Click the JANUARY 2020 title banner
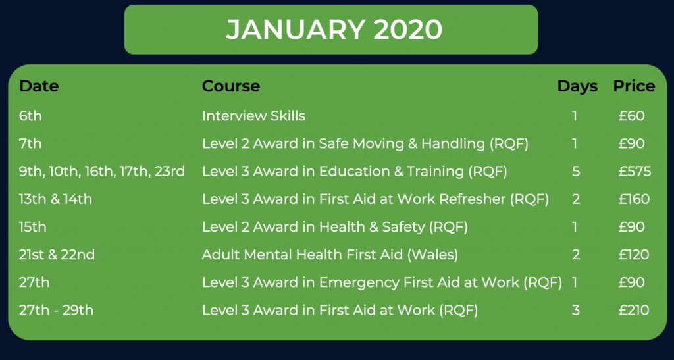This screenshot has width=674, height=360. pyautogui.click(x=331, y=30)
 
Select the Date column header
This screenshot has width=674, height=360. pyautogui.click(x=39, y=86)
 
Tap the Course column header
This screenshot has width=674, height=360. pyautogui.click(x=231, y=86)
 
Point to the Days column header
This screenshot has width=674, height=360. pyautogui.click(x=577, y=86)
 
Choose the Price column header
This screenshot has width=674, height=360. pyautogui.click(x=634, y=86)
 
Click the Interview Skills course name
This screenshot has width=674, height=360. pyautogui.click(x=253, y=116)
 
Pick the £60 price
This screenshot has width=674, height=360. pyautogui.click(x=631, y=116)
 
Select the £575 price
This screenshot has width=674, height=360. pyautogui.click(x=635, y=171)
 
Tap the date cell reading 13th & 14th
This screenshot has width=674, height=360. pyautogui.click(x=55, y=199)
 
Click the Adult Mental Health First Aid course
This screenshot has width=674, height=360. pyautogui.click(x=330, y=255)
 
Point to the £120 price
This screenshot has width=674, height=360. pyautogui.click(x=635, y=255)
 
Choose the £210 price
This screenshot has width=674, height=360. pyautogui.click(x=634, y=310)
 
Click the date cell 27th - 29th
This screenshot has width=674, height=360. pyautogui.click(x=56, y=310)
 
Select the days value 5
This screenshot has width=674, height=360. pyautogui.click(x=576, y=171)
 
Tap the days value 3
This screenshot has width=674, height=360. pyautogui.click(x=576, y=310)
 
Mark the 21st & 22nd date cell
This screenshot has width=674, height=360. pyautogui.click(x=57, y=255)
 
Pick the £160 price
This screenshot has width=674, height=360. pyautogui.click(x=634, y=199)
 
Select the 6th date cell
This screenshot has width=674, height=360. pyautogui.click(x=30, y=116)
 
